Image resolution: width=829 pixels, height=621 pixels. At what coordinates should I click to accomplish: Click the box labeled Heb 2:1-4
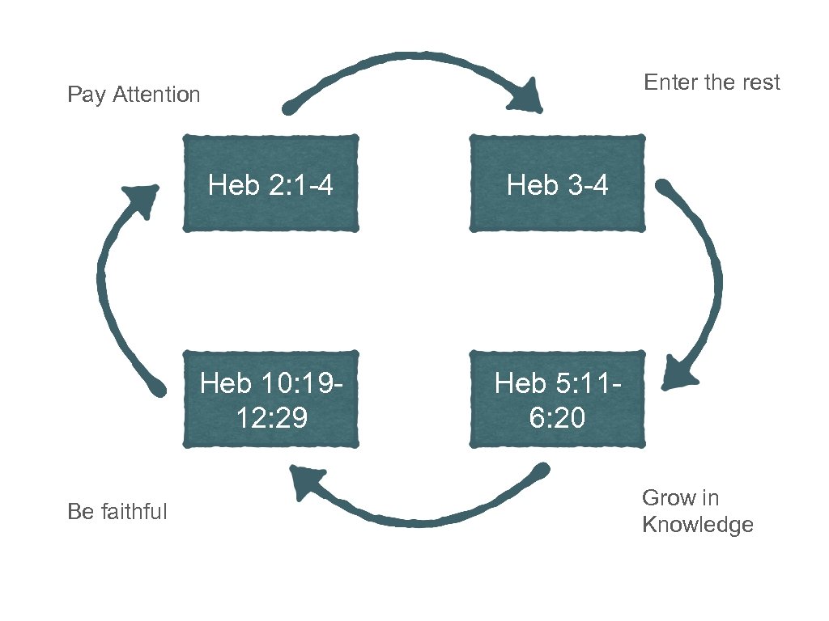coord(270,184)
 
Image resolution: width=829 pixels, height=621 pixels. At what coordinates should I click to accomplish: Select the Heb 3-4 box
coord(558,184)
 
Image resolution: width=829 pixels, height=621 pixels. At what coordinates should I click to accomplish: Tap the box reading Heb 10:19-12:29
coord(270,399)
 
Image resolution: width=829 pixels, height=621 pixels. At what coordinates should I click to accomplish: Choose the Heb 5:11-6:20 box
coord(558,399)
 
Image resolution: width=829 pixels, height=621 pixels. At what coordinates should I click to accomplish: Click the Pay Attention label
coord(134,95)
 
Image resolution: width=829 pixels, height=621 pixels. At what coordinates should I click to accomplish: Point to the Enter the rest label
coord(712,82)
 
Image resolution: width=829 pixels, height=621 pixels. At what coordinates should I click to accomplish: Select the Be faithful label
coord(117,512)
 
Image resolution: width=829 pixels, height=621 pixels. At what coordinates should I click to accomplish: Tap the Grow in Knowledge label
coord(697,512)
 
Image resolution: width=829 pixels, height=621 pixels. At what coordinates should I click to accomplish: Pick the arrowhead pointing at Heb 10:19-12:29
coord(308,483)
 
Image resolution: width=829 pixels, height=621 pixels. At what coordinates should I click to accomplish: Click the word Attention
coord(156,95)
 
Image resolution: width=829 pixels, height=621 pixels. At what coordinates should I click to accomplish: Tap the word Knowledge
coord(697,525)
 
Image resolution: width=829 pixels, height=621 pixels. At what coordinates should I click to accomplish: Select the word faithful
coord(134,512)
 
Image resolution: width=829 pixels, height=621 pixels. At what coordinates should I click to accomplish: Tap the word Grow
coord(668,498)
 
